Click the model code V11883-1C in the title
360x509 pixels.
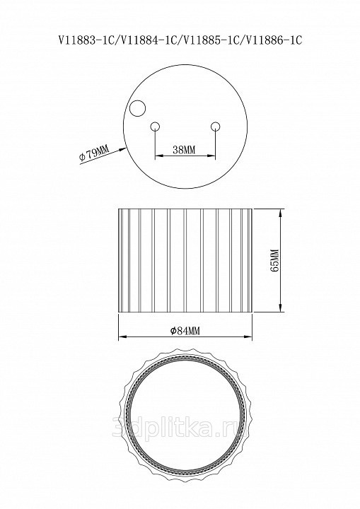click(x=88, y=40)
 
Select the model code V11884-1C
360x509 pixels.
click(x=149, y=40)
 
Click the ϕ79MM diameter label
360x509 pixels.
click(x=93, y=153)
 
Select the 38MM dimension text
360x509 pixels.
click(x=184, y=150)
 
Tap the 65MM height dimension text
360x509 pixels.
click(x=274, y=260)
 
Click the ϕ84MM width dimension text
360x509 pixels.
click(x=185, y=330)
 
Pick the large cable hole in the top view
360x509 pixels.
click(x=137, y=107)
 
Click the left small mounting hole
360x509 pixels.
click(x=155, y=126)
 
